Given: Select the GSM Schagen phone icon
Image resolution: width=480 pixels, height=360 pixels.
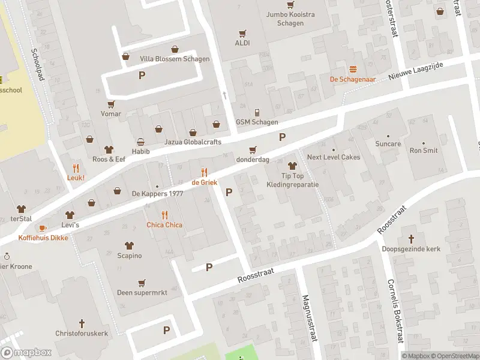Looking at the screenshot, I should point(257,112).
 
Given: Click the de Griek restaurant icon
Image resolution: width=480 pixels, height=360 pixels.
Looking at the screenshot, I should point(204,172).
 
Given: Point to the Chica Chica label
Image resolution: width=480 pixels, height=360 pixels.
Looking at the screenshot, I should point(164,225).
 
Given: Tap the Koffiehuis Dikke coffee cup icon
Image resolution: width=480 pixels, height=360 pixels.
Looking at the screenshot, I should point(42,228).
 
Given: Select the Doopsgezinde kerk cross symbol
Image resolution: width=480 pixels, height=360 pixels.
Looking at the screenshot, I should point(411,238).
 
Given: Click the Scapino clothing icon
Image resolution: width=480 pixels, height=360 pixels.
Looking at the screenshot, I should point(129,245).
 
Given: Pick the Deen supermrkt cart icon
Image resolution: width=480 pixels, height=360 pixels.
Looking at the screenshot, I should point(142,283).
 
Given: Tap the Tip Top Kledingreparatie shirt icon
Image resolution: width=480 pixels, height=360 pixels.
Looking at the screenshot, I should point(292,166).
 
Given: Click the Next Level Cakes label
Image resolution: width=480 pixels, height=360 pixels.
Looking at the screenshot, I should point(334,157).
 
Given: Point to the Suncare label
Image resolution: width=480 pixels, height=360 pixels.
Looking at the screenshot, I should point(388,144).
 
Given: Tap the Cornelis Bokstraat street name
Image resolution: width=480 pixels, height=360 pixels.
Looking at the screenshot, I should point(394,310).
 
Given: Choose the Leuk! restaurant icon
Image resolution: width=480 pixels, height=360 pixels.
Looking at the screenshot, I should point(76,168).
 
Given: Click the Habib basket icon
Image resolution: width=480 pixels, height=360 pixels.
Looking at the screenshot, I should point(140,142).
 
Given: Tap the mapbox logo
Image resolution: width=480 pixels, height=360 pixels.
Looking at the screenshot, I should point(26,353).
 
